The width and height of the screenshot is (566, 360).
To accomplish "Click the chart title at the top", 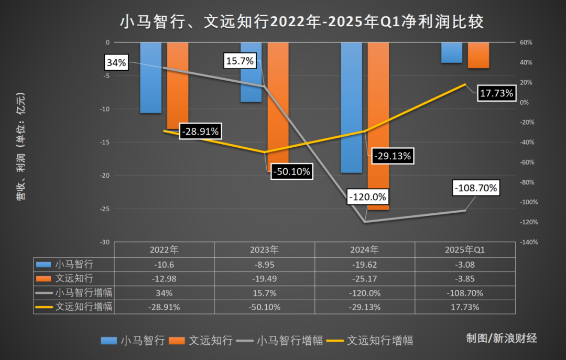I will tap(301, 21).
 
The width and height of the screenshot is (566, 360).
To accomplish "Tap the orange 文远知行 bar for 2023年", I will tap(278, 105).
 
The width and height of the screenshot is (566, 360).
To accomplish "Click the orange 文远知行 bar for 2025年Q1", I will tap(478, 55).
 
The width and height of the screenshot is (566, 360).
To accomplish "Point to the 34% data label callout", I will tap(116, 63).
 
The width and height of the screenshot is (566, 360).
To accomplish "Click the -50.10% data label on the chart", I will tap(291, 171).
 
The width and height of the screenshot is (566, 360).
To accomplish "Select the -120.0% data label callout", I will tap(367, 197).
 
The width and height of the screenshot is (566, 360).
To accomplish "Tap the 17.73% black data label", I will tap(496, 93).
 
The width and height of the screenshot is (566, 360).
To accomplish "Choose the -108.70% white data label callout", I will tap(476, 188).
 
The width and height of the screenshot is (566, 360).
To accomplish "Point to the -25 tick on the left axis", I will tap(105, 209).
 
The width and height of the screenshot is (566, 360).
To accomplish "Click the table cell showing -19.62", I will tap(365, 265).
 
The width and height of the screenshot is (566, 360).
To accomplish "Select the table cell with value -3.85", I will tap(465, 278).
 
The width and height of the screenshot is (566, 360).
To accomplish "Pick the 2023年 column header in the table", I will tap(265, 250).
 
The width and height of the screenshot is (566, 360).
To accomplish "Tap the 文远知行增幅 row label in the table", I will tap(84, 307).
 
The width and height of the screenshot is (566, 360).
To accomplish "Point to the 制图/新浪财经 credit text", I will tap(502, 338).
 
